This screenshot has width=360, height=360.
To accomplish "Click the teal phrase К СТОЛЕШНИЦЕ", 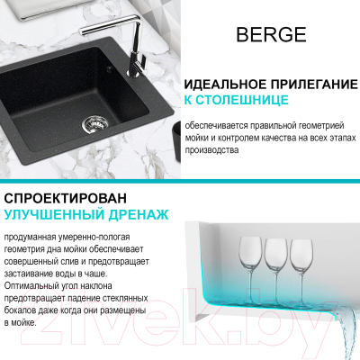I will click(236, 100).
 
